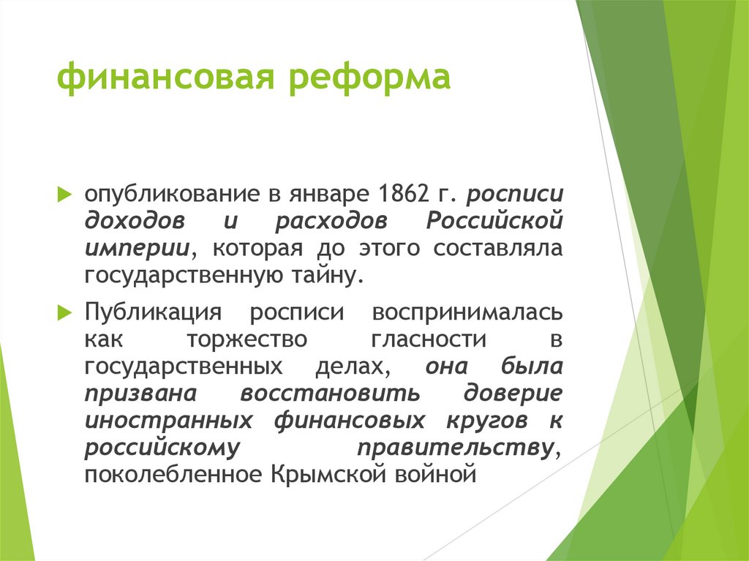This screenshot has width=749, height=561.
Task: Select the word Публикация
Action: click(x=153, y=313)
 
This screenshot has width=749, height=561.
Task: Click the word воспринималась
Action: click(x=467, y=313)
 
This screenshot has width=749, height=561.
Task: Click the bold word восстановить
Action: click(x=329, y=393)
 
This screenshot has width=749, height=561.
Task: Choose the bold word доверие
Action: click(x=513, y=393)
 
